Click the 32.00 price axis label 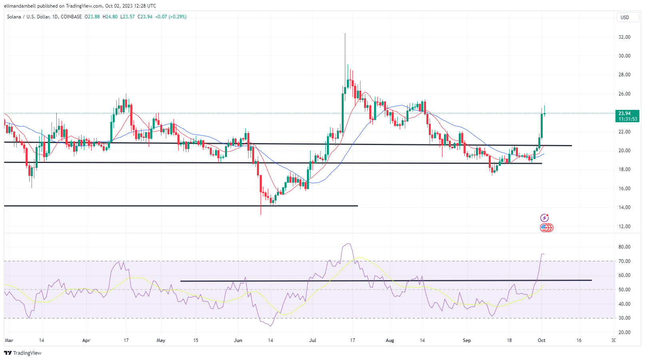[x=624, y=37]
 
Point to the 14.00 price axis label [x=624, y=207]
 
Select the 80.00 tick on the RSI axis [x=624, y=247]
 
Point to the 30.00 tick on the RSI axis [x=624, y=318]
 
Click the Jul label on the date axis [x=313, y=340]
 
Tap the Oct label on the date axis [x=541, y=340]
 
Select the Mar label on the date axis [x=9, y=340]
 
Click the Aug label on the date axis [x=390, y=340]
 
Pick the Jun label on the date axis [x=238, y=340]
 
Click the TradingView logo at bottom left [x=23, y=353]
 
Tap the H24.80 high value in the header [x=110, y=17]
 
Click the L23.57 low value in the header [x=127, y=17]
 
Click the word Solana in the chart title [x=14, y=17]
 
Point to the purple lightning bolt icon [x=544, y=218]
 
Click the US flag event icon [x=544, y=228]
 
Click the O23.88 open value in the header [x=92, y=17]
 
